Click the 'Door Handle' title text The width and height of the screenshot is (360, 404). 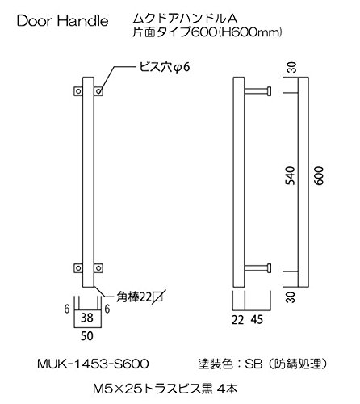pyautogui.click(x=63, y=21)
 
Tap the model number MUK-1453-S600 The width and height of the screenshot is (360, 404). pyautogui.click(x=93, y=364)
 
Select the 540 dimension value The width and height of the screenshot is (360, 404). pyautogui.click(x=291, y=176)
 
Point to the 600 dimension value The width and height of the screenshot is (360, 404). pyautogui.click(x=319, y=176)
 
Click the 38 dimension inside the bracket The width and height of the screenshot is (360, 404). pyautogui.click(x=87, y=318)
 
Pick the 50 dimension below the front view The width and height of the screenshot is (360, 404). pyautogui.click(x=87, y=336)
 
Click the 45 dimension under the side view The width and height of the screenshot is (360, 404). pyautogui.click(x=257, y=320)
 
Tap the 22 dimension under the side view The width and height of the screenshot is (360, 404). pyautogui.click(x=238, y=320)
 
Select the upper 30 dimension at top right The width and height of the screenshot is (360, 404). pyautogui.click(x=291, y=67)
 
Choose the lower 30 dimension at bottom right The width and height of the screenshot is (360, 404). pyautogui.click(x=291, y=297)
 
